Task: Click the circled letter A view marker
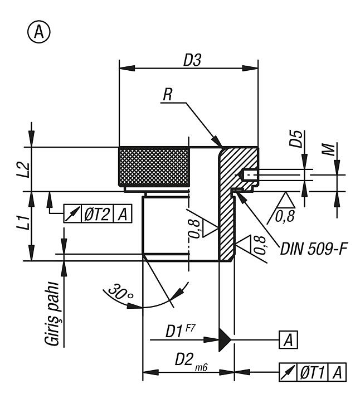[x=39, y=32]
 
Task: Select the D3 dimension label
[x=192, y=60]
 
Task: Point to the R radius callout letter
[x=168, y=94]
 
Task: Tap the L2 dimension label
[x=25, y=169]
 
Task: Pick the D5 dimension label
[x=296, y=139]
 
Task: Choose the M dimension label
[x=328, y=149]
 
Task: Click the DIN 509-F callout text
[x=314, y=249]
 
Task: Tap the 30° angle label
[x=121, y=293]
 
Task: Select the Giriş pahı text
[x=52, y=314]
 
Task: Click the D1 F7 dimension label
[x=181, y=330]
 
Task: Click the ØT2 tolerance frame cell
[x=97, y=213]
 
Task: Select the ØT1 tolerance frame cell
[x=312, y=372]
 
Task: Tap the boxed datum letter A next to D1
[x=288, y=340]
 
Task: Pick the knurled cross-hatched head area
[x=154, y=167]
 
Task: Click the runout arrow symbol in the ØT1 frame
[x=288, y=372]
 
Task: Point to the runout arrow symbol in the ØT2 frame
[x=72, y=213]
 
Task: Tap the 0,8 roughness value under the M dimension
[x=285, y=216]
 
